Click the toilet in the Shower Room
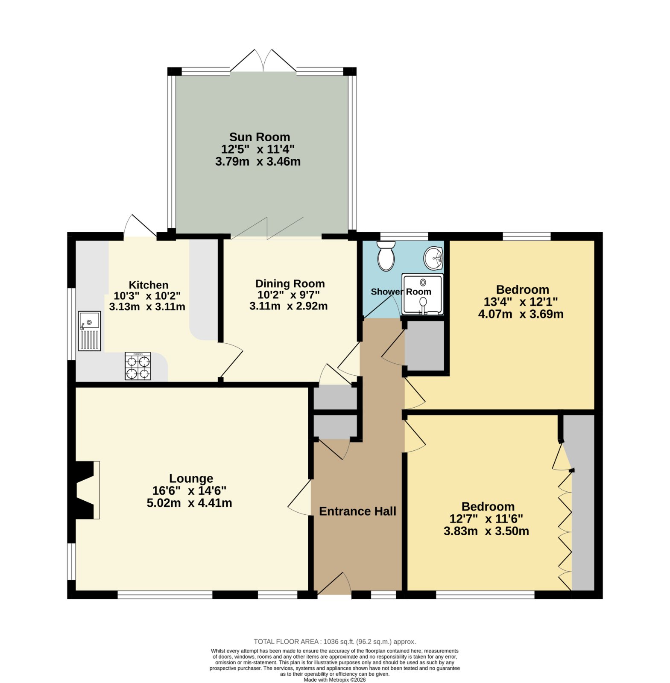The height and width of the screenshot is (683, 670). point(386,256)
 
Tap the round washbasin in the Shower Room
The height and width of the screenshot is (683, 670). point(433,258)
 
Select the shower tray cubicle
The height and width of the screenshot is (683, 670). point(422,295)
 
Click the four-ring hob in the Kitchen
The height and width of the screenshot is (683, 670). point(138,366)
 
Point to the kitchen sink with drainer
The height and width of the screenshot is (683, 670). point(89,331)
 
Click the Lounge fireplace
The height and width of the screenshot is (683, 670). point(85,490)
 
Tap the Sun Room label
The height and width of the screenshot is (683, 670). point(259,137)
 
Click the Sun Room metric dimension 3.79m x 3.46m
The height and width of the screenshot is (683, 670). point(258,162)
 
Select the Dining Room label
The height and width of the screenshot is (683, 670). point(290,284)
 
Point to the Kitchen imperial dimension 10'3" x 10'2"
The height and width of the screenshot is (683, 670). point(147,295)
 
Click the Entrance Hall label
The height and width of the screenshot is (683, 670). point(357,511)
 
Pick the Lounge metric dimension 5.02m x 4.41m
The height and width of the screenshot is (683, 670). point(189,503)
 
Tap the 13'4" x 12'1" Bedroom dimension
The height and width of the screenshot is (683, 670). point(521,302)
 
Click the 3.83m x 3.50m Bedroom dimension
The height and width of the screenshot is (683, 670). point(486,531)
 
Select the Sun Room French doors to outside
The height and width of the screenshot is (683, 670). point(263,61)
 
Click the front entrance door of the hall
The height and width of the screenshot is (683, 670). point(334,584)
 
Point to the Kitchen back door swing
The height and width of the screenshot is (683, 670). point(140,226)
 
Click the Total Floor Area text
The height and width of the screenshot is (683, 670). point(334,642)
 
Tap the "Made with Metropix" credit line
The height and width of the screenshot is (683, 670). point(335,680)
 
